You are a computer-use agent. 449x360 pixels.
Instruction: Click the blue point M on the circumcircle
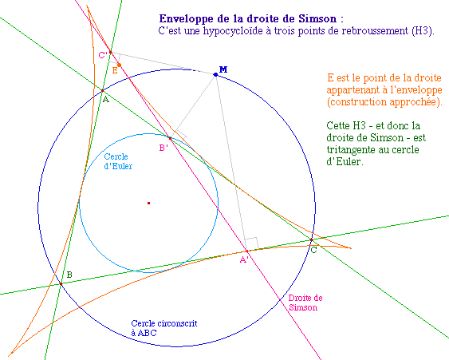pos(215,74)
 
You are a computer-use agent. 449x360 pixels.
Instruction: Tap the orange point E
pos(119,65)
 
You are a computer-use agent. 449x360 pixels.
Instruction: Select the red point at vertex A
pos(103,91)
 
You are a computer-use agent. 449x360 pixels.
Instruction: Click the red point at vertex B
pos(61,283)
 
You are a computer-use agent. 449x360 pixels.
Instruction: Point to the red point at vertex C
pos(311,239)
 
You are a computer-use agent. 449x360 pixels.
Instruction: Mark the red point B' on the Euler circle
pos(170,138)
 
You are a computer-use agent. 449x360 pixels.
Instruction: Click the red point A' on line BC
pos(246,251)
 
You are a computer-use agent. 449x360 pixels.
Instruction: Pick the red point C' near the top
pos(110,52)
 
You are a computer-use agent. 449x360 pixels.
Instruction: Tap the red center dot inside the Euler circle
pos(148,204)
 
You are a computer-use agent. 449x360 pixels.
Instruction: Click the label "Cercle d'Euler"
pos(118,161)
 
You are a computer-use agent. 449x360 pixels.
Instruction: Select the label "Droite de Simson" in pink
pos(305,303)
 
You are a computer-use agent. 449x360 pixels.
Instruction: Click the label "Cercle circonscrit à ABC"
pos(164,328)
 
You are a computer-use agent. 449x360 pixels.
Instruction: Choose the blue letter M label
pos(223,69)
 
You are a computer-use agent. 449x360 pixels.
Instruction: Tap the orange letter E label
pos(115,70)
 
